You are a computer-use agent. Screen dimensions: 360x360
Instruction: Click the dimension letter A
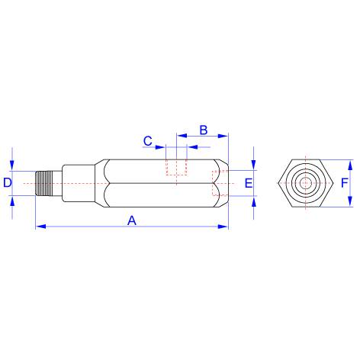tap(132, 220)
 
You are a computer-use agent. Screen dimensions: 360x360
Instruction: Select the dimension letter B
tap(204, 130)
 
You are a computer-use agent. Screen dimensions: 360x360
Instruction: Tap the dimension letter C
tap(148, 141)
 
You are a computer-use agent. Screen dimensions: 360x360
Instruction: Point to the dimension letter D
tap(8, 182)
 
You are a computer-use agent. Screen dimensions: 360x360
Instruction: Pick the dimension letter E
tap(249, 183)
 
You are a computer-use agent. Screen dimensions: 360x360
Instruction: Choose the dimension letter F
tap(344, 183)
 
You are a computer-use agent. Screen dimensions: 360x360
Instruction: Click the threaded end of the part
tap(44, 183)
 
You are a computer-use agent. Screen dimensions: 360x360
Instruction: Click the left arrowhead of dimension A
tap(41, 227)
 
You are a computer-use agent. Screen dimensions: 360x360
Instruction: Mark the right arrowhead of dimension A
tap(223, 227)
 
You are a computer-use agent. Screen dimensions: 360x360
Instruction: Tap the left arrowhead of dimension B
tap(182, 136)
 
